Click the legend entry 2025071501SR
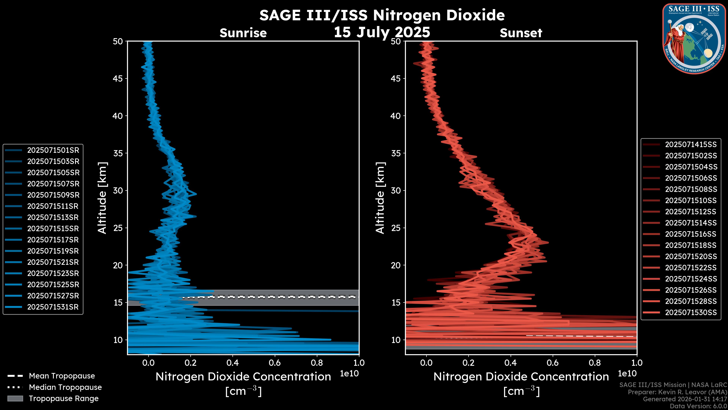click(x=53, y=150)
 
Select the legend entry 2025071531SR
click(x=53, y=307)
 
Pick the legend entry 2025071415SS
click(x=690, y=145)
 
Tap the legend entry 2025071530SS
click(x=690, y=312)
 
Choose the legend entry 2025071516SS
click(x=690, y=234)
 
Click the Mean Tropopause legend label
click(x=62, y=376)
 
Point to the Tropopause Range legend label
click(x=64, y=398)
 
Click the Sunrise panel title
click(x=243, y=33)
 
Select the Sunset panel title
click(x=521, y=33)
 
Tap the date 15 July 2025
click(x=382, y=32)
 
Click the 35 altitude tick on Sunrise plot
click(x=118, y=153)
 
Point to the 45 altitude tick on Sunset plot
click(x=396, y=79)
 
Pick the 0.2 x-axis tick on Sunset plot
click(x=468, y=363)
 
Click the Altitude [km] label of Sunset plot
click(x=380, y=198)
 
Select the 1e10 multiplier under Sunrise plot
click(x=349, y=374)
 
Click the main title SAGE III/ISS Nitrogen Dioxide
click(x=382, y=15)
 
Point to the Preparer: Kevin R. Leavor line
click(x=677, y=392)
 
